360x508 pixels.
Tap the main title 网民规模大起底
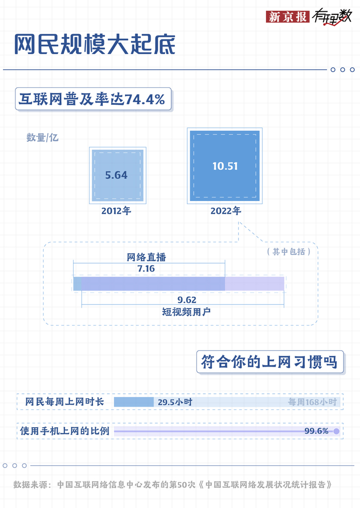95,45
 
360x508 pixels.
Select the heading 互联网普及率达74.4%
92,99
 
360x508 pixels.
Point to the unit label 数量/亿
43,137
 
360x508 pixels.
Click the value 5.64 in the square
116,175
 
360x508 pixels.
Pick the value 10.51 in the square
225,166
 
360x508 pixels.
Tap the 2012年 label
116,211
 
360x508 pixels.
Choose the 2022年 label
225,211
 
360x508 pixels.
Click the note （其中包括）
289,251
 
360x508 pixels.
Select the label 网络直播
146,257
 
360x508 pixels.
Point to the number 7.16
146,268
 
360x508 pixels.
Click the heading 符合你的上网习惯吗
269,362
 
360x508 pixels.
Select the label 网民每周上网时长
65,402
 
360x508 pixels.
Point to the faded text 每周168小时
312,402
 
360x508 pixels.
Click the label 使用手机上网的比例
65,431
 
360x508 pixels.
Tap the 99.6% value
316,431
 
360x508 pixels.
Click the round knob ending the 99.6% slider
336,431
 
